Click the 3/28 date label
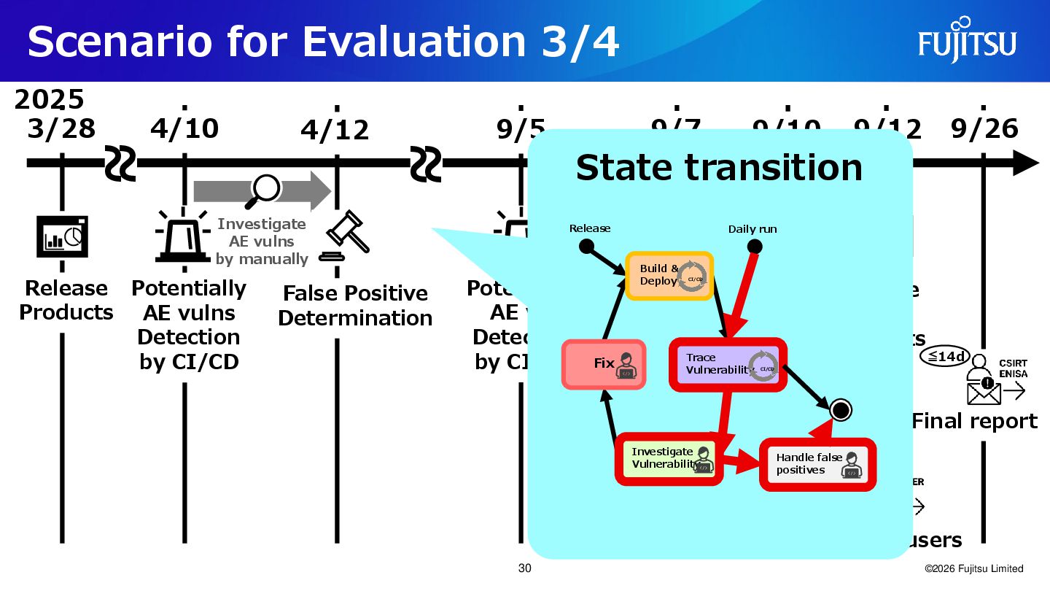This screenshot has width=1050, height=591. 61,128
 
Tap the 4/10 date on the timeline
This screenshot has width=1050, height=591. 184,128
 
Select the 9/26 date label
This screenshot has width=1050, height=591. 984,128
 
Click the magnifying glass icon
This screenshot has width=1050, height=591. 265,188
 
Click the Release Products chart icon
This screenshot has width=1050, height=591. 62,236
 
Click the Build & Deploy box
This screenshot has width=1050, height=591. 669,275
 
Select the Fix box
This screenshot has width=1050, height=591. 604,363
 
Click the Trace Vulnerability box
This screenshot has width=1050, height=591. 727,363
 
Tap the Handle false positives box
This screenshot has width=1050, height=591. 817,464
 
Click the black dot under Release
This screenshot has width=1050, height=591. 586,247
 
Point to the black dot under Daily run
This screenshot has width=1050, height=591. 755,247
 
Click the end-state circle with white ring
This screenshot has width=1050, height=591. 840,410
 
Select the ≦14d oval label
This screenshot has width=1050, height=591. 944,356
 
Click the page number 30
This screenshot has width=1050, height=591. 524,568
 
